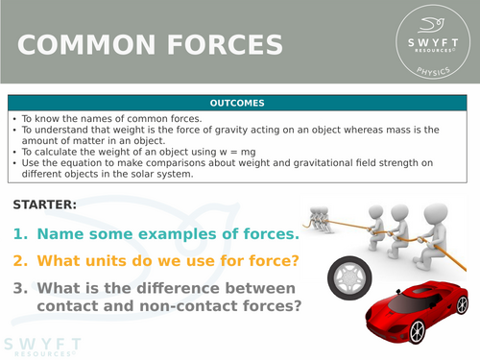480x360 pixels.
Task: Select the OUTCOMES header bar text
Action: [x=239, y=103]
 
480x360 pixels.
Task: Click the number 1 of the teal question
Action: [x=20, y=233]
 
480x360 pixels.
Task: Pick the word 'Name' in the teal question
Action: [x=60, y=233]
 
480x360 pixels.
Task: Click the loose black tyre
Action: [x=347, y=277]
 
